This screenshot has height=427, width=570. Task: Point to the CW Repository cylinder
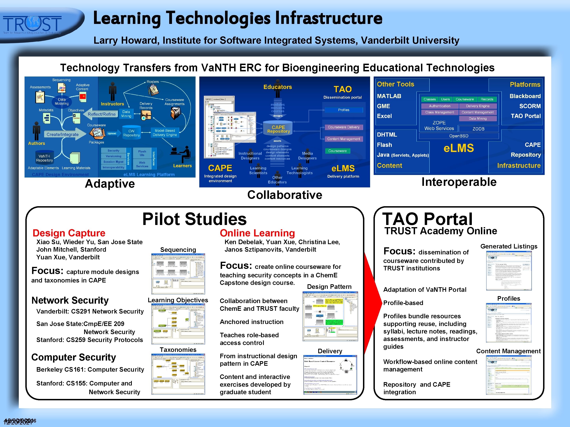click(131, 133)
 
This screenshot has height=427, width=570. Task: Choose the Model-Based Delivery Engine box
click(165, 133)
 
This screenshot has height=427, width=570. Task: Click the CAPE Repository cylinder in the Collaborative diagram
click(278, 129)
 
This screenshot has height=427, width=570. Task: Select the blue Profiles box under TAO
click(344, 110)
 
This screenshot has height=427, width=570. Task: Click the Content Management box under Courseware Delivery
click(344, 139)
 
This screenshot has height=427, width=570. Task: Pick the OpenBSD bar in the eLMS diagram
click(459, 136)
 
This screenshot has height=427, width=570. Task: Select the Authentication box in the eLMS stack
click(440, 106)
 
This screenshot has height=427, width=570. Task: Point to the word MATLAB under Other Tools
click(389, 96)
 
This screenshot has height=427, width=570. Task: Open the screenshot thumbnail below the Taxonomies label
click(178, 374)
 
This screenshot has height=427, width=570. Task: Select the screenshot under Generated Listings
click(509, 270)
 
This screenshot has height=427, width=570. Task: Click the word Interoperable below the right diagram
click(459, 182)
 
